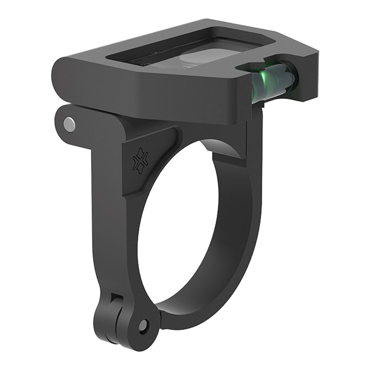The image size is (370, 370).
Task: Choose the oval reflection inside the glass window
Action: tap(199, 58)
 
